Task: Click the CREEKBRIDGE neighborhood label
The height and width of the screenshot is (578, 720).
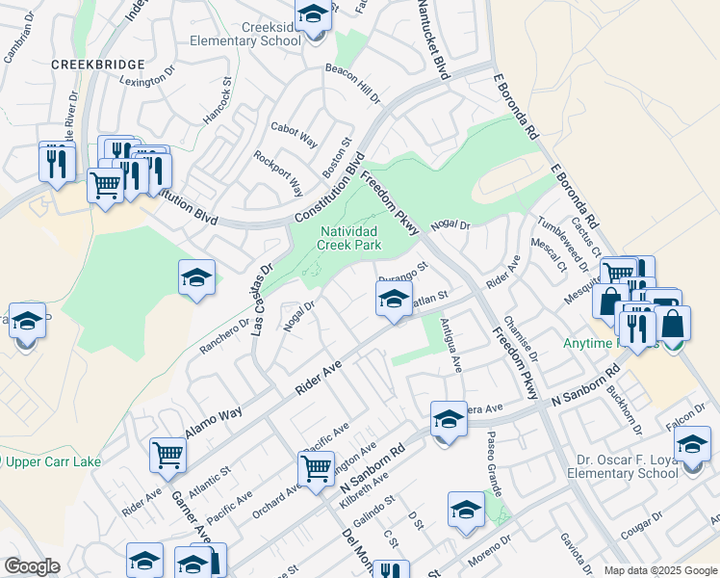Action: coord(99,65)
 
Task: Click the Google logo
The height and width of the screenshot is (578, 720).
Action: coord(32,566)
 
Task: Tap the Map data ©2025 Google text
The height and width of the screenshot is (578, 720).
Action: coord(660,570)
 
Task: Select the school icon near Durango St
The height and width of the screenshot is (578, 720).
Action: coord(393,301)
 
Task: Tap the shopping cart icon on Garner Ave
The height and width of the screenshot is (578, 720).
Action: coord(167,453)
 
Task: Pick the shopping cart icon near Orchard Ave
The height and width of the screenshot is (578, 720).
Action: coord(316,468)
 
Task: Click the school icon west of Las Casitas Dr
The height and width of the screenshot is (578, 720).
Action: coord(196,278)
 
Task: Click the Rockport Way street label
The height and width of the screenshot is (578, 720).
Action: coord(278,173)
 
